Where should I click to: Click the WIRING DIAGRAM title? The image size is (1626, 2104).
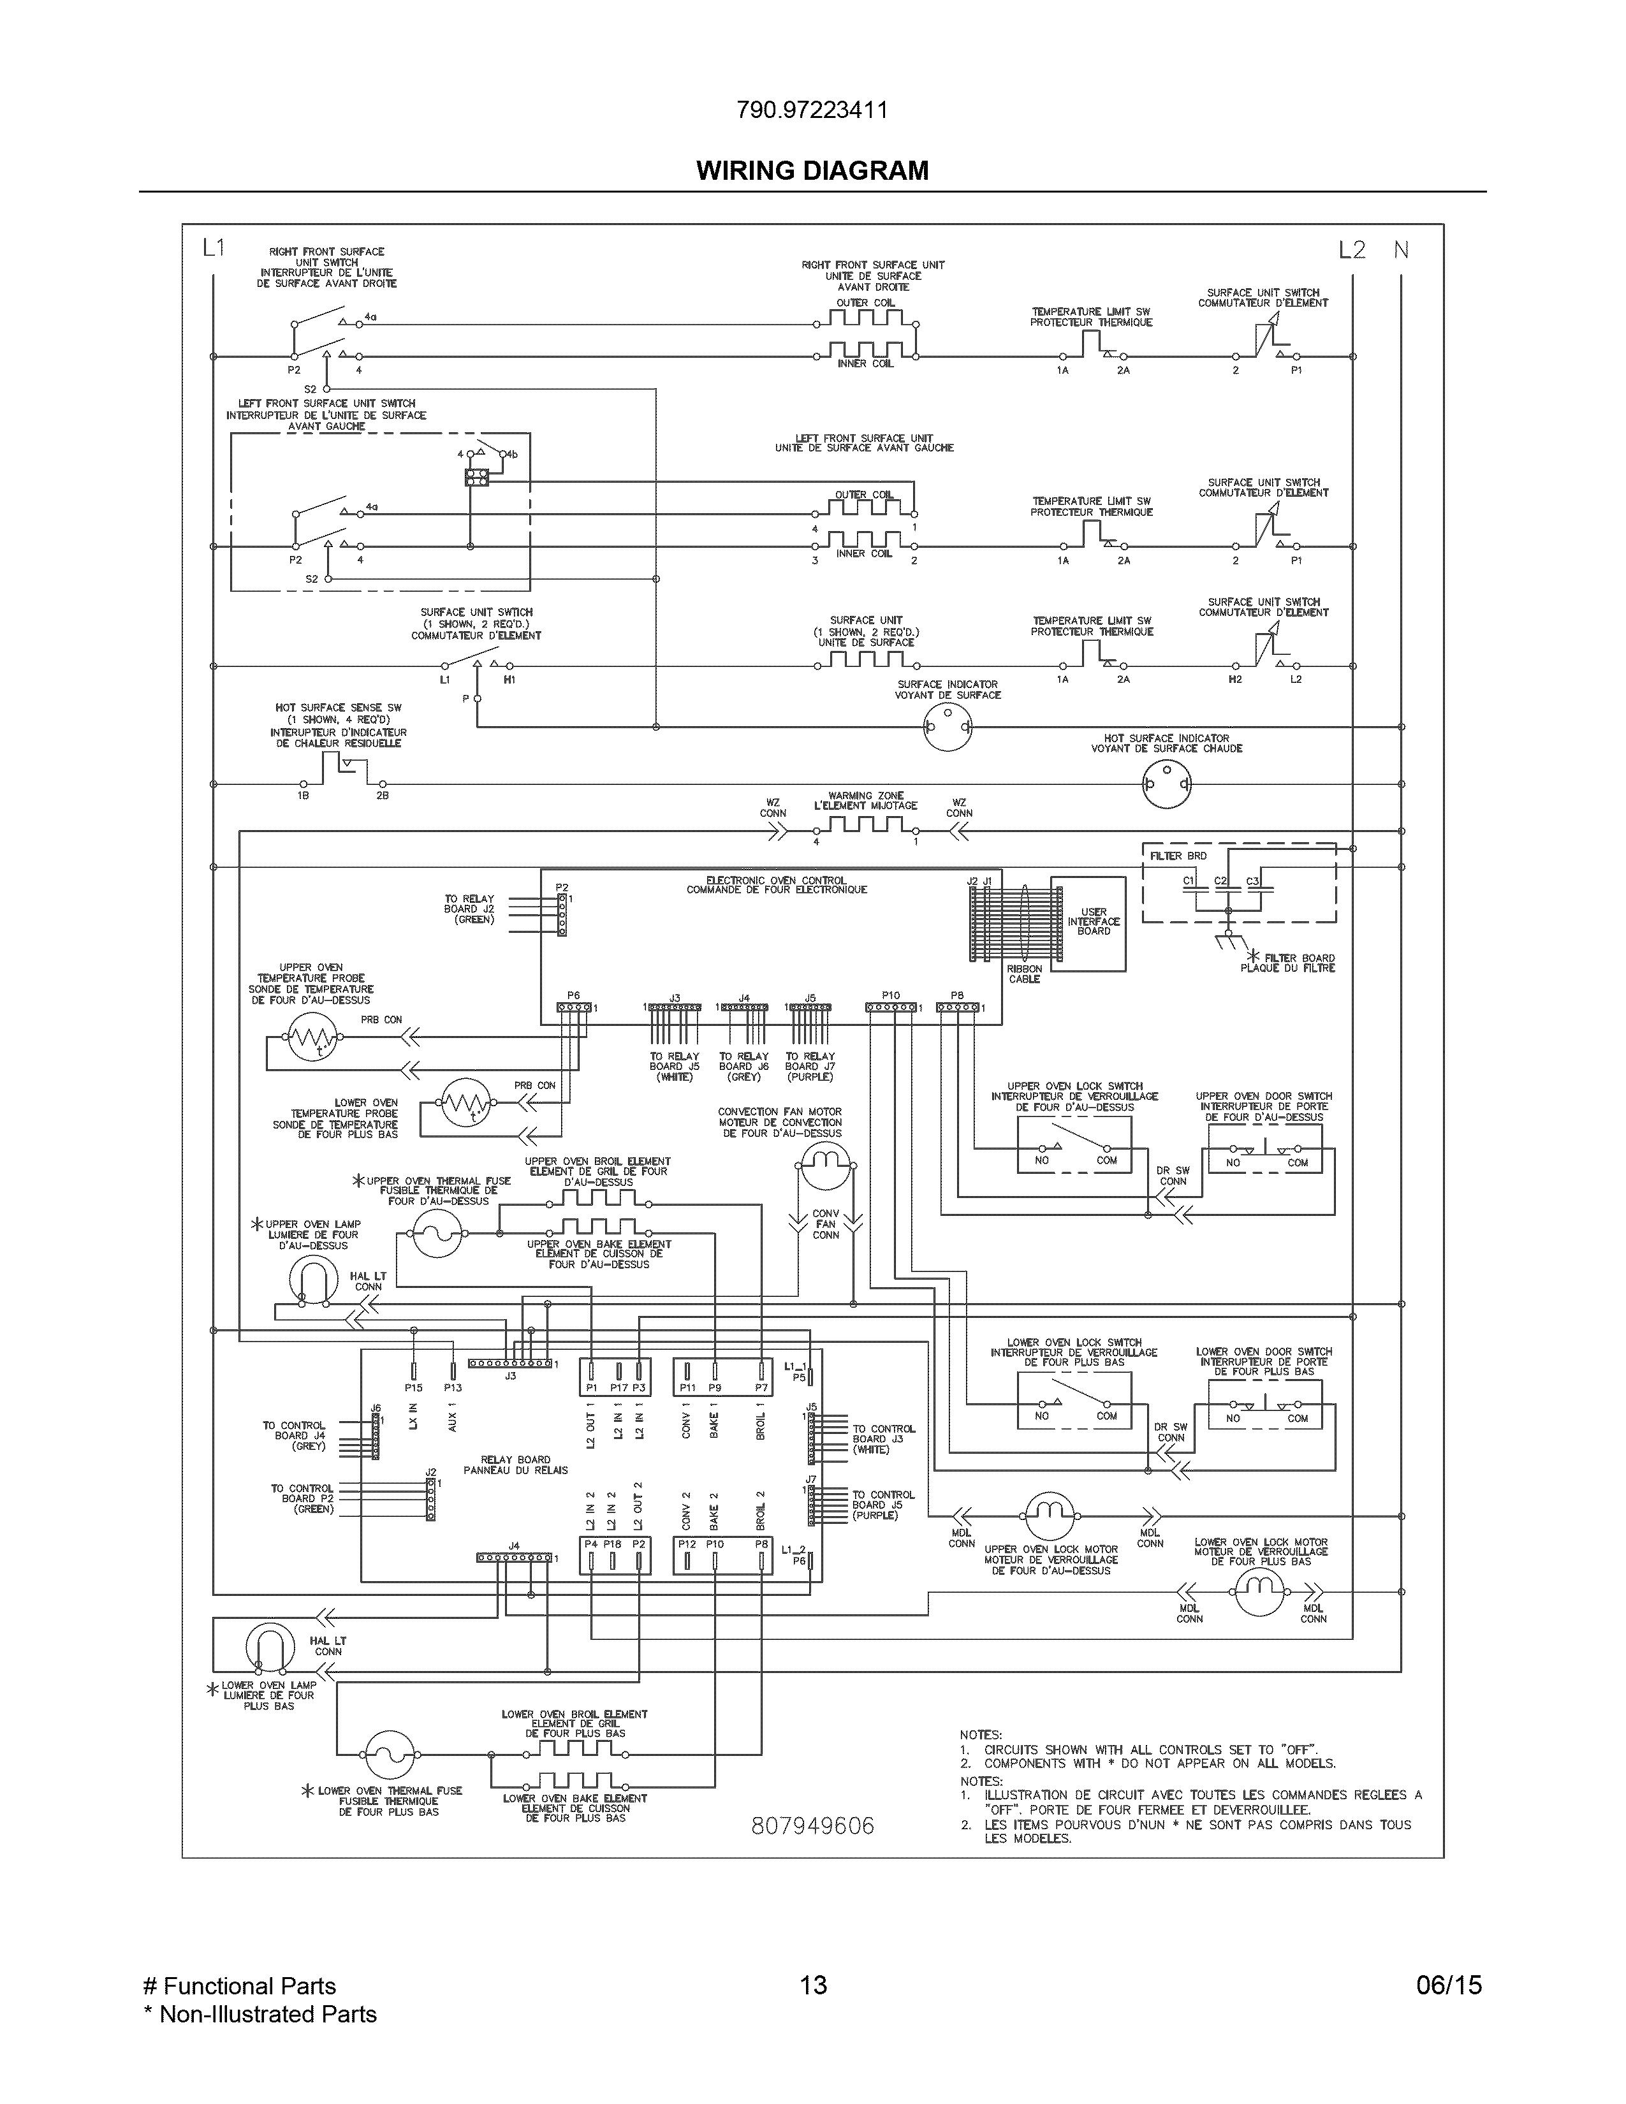pyautogui.click(x=812, y=170)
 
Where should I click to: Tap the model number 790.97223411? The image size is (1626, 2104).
pyautogui.click(x=812, y=110)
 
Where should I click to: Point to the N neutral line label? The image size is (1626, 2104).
pyautogui.click(x=1401, y=251)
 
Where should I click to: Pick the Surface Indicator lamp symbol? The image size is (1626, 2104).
pyautogui.click(x=947, y=726)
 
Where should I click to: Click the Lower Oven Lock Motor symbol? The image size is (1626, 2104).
pyautogui.click(x=1260, y=1593)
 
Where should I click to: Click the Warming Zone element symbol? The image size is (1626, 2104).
pyautogui.click(x=864, y=826)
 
